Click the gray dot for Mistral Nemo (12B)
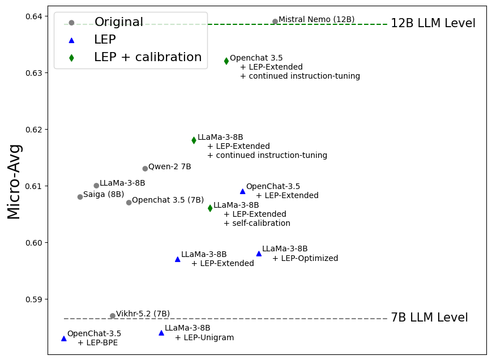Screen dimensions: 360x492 pos(275,22)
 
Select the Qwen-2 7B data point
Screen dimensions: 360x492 pos(145,169)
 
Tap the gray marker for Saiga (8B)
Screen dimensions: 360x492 pos(80,197)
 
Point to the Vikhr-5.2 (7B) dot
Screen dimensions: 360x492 pos(113,316)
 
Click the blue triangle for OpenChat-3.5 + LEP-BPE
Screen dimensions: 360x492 pos(63,338)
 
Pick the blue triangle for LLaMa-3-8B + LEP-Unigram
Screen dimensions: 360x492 pos(161,333)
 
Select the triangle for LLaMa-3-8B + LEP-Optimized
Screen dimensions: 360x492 pos(259,254)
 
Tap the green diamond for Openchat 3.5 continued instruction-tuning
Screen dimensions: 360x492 pos(226,61)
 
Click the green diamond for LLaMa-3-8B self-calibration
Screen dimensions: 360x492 pos(210,208)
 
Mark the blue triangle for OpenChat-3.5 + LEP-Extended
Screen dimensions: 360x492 pos(242,191)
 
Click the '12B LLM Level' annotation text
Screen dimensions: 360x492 pos(433,24)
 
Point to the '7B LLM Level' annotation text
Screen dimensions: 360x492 pos(429,318)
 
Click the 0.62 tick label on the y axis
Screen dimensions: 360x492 pos(33,130)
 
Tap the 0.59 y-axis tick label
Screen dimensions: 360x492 pos(33,299)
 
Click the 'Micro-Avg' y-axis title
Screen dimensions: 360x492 pos(14,181)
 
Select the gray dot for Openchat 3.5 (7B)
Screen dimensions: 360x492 pos(129,203)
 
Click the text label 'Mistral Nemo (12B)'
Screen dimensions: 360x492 pos(316,20)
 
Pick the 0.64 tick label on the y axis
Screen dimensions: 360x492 pos(33,16)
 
